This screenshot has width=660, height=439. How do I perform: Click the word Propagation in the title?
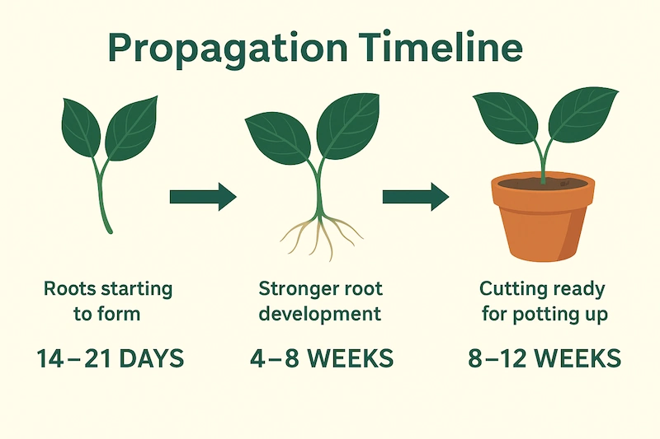pos(228,49)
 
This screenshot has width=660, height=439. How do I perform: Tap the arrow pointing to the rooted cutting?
pos(203,197)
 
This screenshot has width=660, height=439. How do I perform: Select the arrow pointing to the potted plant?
pos(416,197)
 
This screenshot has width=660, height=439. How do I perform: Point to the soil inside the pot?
pos(543,183)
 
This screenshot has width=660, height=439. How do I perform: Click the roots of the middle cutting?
pos(321,236)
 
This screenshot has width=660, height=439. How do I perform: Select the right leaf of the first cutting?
pos(131,128)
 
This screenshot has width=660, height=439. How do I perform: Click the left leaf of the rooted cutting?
pos(278,138)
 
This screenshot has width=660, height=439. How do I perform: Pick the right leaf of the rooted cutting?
pos(347,126)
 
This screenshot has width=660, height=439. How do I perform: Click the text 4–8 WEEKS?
pos(322,358)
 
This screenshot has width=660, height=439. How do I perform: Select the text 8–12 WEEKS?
pos(544,358)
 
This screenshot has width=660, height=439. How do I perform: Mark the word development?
pos(320,314)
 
